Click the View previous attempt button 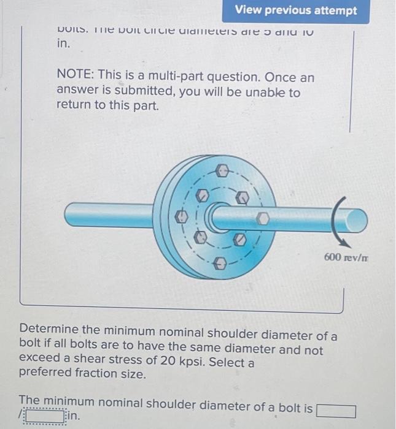295,11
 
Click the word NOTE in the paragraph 74,78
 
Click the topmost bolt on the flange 224,169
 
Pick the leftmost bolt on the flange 182,216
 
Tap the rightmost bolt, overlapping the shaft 262,218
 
